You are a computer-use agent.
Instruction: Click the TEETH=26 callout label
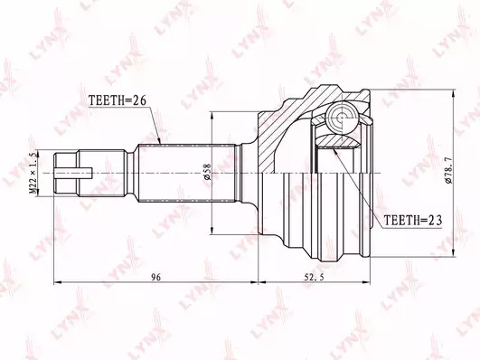[118, 100]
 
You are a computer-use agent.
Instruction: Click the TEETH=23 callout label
[412, 221]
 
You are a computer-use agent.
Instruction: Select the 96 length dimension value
[156, 278]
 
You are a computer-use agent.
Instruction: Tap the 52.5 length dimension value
[314, 278]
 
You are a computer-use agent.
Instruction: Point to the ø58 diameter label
[207, 172]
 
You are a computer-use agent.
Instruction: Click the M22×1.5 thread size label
[34, 173]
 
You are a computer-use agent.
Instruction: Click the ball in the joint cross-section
[342, 117]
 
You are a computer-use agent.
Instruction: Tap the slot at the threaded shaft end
[73, 173]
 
